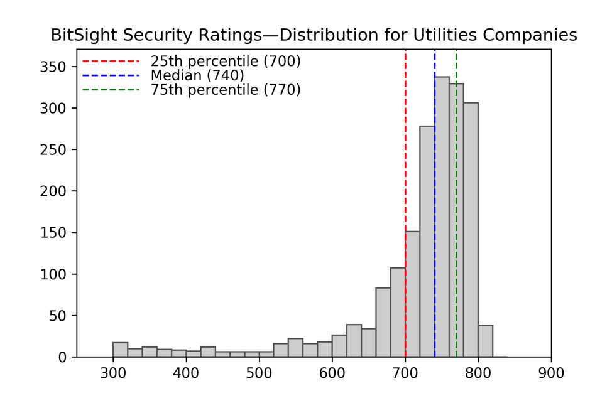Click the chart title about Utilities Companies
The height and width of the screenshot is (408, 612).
[x=314, y=35]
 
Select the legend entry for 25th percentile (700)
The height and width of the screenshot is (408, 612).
[x=225, y=62]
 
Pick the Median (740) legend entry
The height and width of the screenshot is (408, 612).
[x=197, y=75]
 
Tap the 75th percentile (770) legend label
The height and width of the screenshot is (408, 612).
[x=225, y=90]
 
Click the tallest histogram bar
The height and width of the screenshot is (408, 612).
[x=442, y=217]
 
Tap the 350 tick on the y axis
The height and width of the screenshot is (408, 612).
[x=53, y=67]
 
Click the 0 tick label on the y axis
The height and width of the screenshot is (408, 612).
[x=62, y=357]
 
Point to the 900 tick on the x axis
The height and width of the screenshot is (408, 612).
[x=551, y=373]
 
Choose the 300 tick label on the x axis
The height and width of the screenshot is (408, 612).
[x=113, y=373]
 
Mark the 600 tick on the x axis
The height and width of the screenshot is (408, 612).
[x=332, y=373]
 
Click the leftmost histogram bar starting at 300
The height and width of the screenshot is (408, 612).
[x=120, y=350]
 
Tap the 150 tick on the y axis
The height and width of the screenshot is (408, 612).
[x=53, y=233]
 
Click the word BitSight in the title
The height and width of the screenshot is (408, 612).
[x=77, y=35]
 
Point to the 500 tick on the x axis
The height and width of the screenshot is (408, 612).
[x=259, y=373]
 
